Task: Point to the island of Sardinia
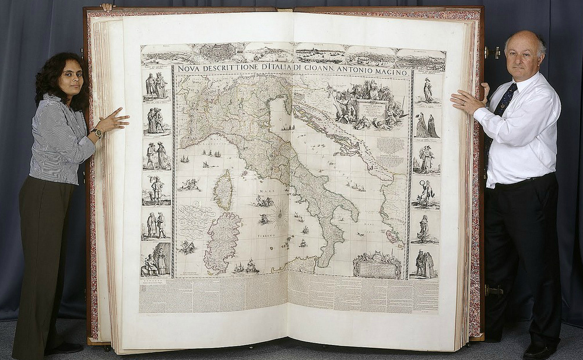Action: pos(222,242)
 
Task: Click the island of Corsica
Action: pos(223,190)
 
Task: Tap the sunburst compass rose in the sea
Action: pos(279,217)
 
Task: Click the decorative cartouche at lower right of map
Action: pos(377,266)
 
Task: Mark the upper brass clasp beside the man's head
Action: pos(493,52)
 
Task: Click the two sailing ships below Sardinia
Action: pos(245,267)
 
